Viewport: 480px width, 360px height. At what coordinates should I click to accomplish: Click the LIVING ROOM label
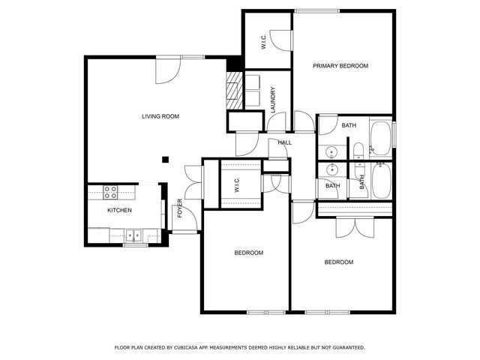pos(160,116)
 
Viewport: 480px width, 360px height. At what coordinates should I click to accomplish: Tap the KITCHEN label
pos(120,211)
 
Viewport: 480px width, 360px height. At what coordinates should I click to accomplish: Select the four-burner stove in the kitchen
pos(110,191)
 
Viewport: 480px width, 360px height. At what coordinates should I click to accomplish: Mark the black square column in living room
pos(166,158)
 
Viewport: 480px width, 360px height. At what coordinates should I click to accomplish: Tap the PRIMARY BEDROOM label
pos(340,66)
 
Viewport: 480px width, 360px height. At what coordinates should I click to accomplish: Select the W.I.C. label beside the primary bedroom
pos(264,43)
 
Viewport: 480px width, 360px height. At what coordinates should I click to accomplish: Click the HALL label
pos(284,142)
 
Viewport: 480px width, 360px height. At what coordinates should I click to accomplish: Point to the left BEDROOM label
pos(249,253)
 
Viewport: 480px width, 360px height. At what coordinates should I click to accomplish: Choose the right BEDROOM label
pos(339,262)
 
